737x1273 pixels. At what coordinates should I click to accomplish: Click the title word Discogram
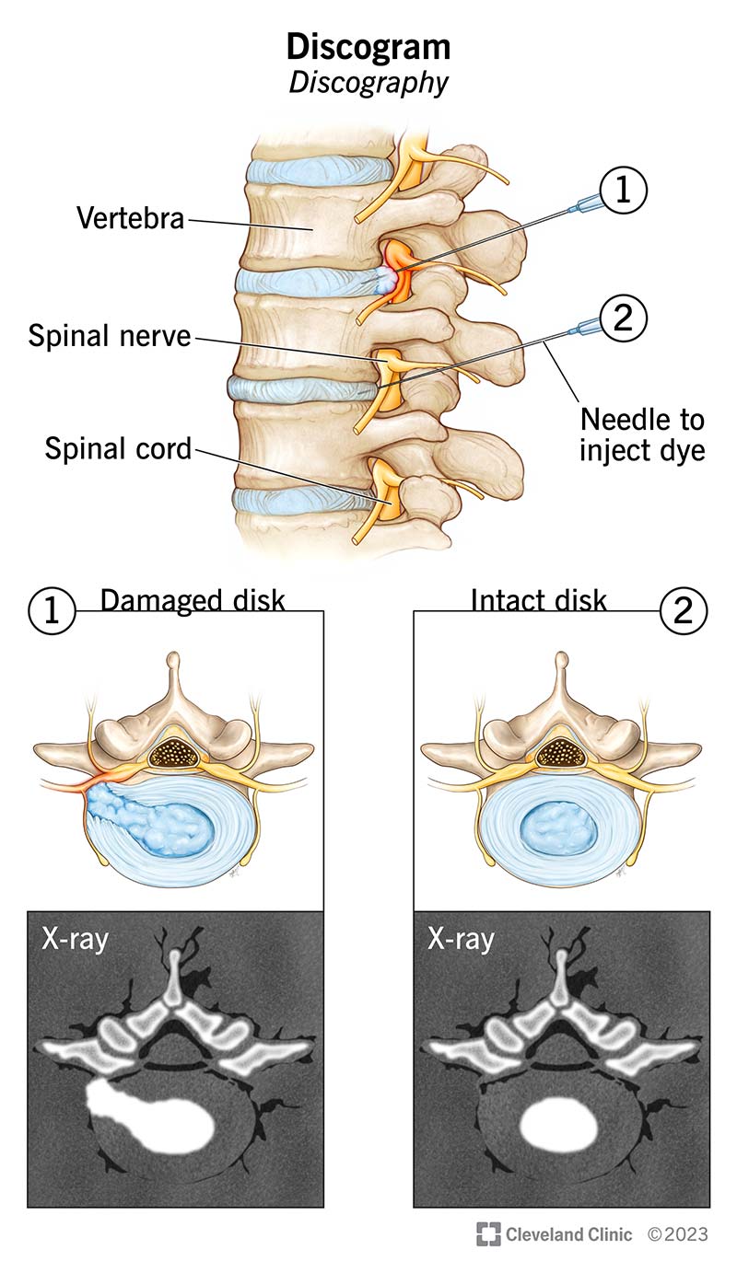coord(368,46)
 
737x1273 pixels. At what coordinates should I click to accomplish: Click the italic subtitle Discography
coord(368,83)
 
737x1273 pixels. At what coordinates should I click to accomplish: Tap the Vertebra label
coord(131,218)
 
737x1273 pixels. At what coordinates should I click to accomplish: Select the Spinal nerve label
coord(109,336)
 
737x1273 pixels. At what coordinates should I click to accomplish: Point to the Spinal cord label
coord(119,449)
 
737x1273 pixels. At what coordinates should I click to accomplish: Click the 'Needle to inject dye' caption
coord(642,436)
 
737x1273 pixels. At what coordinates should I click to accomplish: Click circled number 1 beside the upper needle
coord(623,191)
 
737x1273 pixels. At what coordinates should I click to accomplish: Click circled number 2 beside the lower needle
coord(623,318)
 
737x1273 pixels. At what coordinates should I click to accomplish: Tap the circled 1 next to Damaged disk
coord(53,610)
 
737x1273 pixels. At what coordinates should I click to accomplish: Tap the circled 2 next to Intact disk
coord(684,610)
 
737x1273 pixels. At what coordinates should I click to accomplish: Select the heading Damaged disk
coord(193,601)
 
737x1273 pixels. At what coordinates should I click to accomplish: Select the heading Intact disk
coord(539,601)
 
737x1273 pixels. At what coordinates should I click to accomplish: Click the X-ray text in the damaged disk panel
coord(75,940)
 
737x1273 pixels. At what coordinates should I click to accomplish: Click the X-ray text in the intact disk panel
coord(461,940)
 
